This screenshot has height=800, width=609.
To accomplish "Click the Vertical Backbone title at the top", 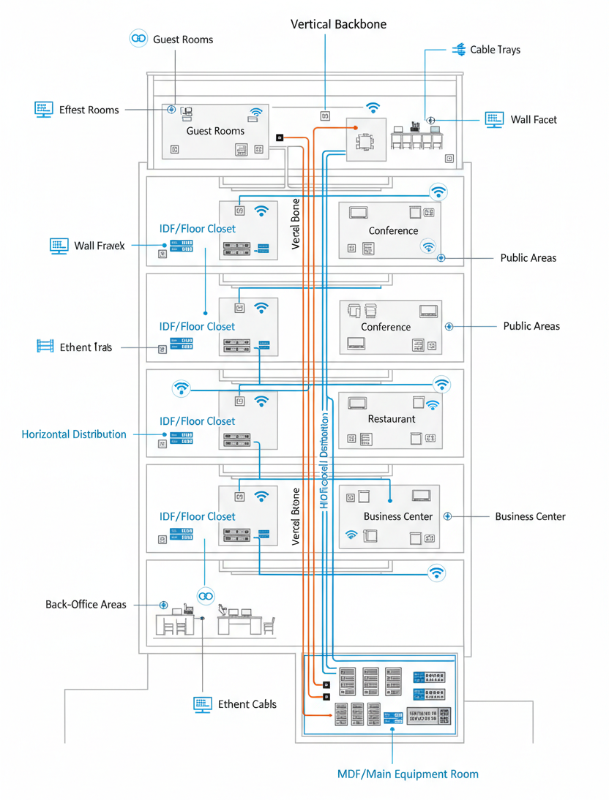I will coord(338,24).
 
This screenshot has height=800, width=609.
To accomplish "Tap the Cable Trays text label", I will coord(495,50).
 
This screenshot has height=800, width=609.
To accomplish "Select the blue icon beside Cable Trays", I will coord(459,50).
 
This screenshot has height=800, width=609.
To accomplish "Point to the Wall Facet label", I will coord(534,119).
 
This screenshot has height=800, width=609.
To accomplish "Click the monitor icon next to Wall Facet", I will coord(495,119).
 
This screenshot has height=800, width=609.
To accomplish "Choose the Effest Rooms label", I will coord(89,110).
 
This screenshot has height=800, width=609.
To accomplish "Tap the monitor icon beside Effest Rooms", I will coord(44,110).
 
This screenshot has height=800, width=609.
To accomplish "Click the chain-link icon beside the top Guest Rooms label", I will coord(138,39).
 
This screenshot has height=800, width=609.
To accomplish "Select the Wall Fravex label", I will coord(100,246).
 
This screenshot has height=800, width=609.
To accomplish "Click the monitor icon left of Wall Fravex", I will coord(59,246).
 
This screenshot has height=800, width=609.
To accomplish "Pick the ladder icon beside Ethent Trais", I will coord(45,347).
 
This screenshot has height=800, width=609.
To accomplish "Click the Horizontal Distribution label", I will coord(74,434).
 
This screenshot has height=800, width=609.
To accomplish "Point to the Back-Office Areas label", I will coord(86,605).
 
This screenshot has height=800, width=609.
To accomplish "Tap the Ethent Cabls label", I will coord(247,704).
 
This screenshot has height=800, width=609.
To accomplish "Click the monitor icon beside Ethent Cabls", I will coord(203,704).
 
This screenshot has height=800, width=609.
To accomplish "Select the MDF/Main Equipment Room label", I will coord(408,774).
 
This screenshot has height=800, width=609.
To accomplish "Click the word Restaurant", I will coord(391,419).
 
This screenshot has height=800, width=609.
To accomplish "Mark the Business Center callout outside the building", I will coord(530,516).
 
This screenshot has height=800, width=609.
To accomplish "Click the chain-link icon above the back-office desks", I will coord(206,596).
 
